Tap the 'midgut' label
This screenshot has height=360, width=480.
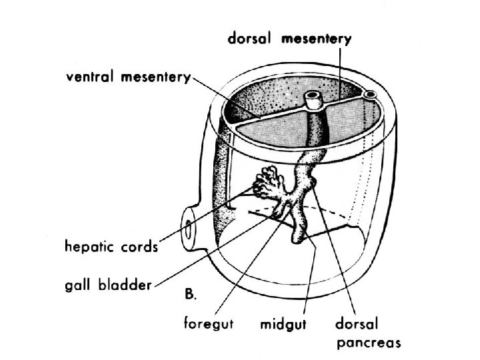[281, 327]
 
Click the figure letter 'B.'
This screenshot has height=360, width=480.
[190, 293]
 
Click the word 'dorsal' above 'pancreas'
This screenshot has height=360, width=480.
[357, 327]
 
